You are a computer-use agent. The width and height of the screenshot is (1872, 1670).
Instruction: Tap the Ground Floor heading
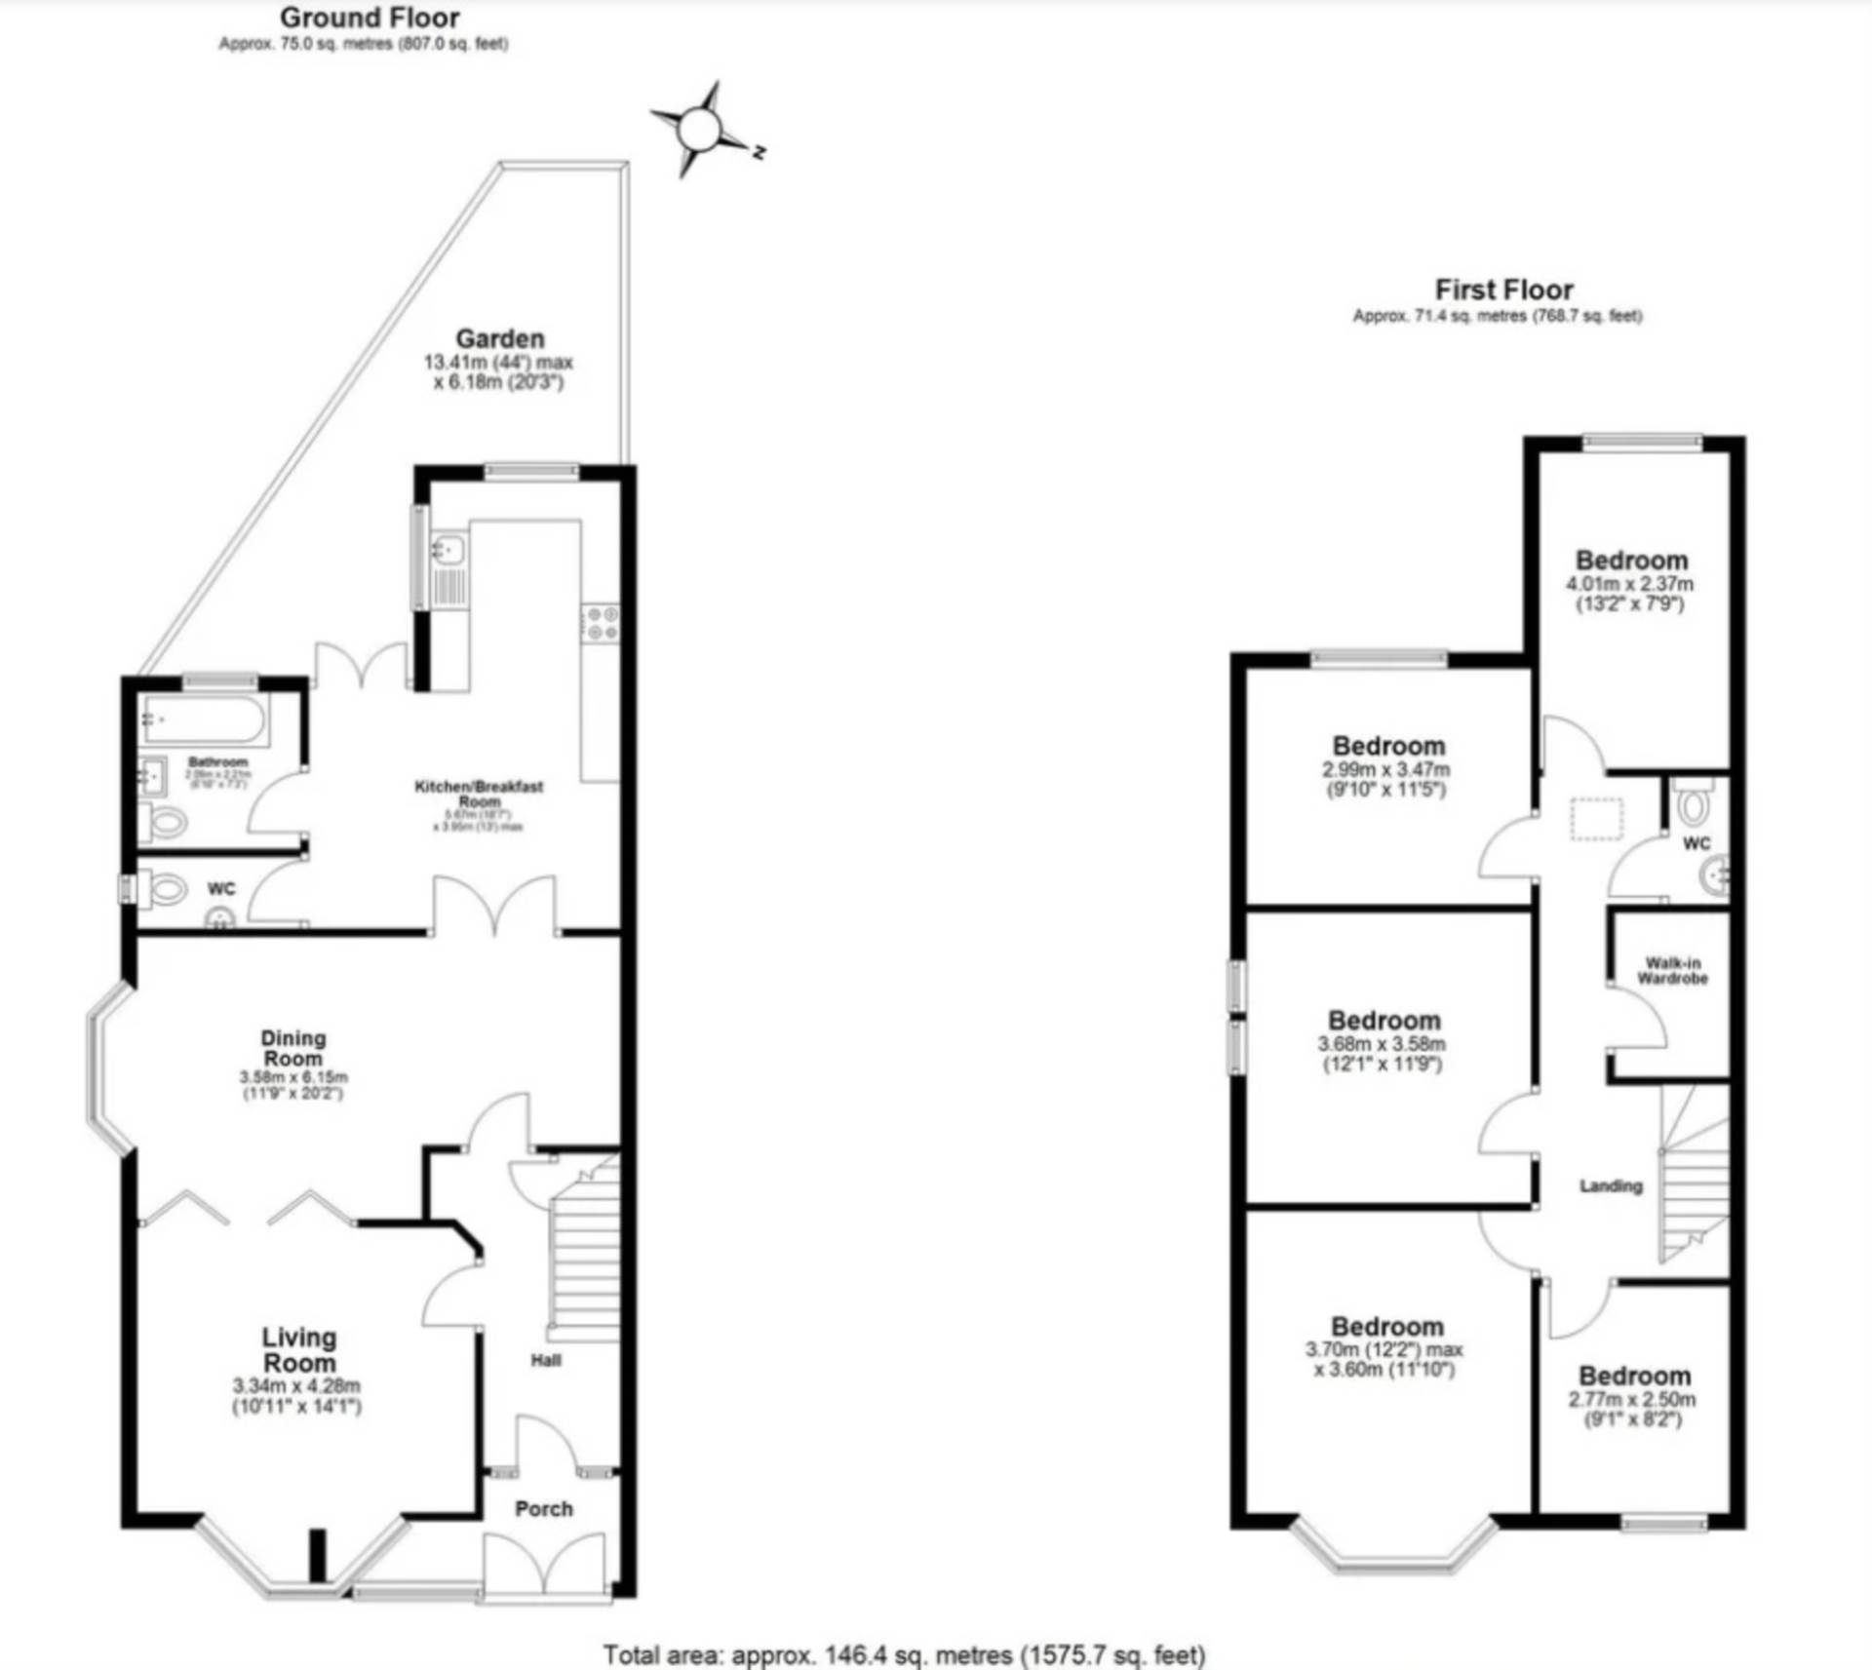click(x=370, y=18)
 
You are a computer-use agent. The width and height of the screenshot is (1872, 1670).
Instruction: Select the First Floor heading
click(x=1503, y=290)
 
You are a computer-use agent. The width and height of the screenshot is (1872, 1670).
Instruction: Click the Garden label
click(x=500, y=339)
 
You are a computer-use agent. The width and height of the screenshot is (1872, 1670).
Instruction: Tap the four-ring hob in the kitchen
click(x=601, y=624)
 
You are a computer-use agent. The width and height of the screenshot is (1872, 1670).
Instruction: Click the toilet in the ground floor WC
click(x=167, y=889)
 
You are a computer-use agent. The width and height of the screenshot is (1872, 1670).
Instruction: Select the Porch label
click(x=544, y=1508)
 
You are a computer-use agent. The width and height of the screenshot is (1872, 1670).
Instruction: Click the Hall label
click(x=546, y=1360)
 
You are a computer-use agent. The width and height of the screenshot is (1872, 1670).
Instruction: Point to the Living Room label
click(x=299, y=1349)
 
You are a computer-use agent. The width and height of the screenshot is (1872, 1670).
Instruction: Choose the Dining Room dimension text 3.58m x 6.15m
click(x=293, y=1077)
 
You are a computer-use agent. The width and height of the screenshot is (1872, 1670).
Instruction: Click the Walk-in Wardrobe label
click(x=1672, y=971)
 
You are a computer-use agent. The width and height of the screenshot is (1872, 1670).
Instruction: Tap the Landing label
click(x=1611, y=1185)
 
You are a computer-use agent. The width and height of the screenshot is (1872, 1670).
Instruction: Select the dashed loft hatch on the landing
click(x=1596, y=819)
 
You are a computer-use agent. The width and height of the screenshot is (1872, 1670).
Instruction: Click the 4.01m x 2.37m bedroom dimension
click(x=1630, y=585)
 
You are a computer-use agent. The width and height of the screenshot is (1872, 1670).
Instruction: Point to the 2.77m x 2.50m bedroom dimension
click(x=1632, y=1400)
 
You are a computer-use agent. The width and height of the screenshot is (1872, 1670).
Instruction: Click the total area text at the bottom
click(x=904, y=1654)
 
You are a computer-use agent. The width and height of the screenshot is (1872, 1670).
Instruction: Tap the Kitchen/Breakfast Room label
click(x=479, y=793)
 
